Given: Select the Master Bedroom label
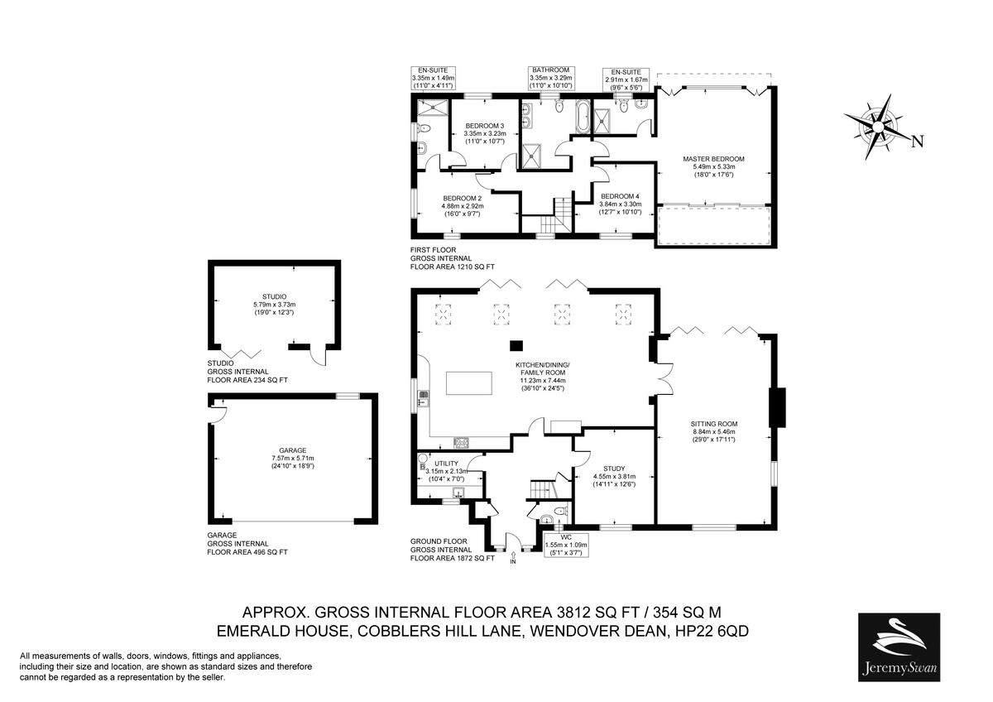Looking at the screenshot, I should (713, 166).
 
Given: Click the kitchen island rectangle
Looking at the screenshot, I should (469, 383).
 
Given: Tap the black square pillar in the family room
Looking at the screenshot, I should (516, 345).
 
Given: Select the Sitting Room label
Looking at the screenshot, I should (713, 430).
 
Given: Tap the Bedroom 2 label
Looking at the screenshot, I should (462, 205).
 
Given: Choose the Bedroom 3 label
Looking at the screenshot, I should (484, 133).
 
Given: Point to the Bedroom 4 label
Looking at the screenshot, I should (620, 204).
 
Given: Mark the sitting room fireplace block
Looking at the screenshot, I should (776, 407).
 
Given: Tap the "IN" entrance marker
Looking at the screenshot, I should (512, 562).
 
